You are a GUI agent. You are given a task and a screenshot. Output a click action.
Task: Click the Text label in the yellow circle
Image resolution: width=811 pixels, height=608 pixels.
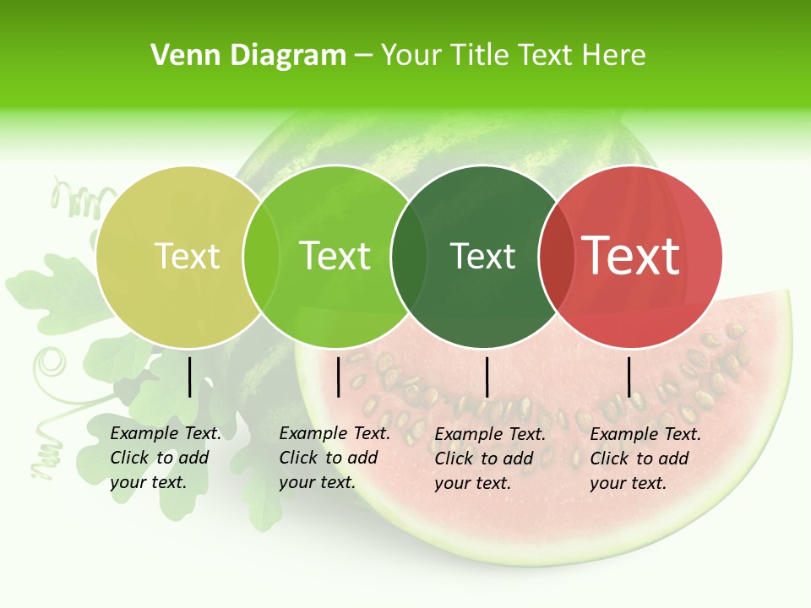(187, 256)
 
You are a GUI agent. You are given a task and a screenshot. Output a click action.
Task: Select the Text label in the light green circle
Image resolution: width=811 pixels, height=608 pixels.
(335, 256)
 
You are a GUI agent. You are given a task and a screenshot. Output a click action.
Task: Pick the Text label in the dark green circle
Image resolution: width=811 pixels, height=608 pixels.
(483, 256)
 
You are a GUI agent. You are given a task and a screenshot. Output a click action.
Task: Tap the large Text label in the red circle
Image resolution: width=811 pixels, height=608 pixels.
(631, 256)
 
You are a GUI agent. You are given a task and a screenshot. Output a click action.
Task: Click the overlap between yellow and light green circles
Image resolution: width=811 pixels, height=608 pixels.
(261, 256)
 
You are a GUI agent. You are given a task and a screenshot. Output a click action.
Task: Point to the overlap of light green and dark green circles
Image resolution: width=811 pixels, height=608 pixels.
(409, 256)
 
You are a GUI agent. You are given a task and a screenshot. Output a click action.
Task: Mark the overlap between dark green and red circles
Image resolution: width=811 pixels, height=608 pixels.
(556, 256)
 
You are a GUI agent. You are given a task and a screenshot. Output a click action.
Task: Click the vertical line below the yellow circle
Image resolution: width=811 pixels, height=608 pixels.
(189, 377)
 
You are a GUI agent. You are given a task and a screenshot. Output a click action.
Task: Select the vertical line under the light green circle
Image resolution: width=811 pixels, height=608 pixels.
(338, 377)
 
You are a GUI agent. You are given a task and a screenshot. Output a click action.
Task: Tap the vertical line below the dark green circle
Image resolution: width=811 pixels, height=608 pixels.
(487, 377)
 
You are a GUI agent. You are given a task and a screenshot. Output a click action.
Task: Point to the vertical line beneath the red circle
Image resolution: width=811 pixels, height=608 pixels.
(629, 377)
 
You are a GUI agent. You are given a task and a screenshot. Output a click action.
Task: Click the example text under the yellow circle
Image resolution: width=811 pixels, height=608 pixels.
(165, 458)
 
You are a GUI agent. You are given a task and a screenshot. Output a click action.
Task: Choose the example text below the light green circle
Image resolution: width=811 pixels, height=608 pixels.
(334, 458)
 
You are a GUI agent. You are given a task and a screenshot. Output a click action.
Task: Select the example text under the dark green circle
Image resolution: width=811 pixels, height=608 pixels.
(489, 459)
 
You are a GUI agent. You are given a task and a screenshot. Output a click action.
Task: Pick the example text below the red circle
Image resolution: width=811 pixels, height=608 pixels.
(645, 459)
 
